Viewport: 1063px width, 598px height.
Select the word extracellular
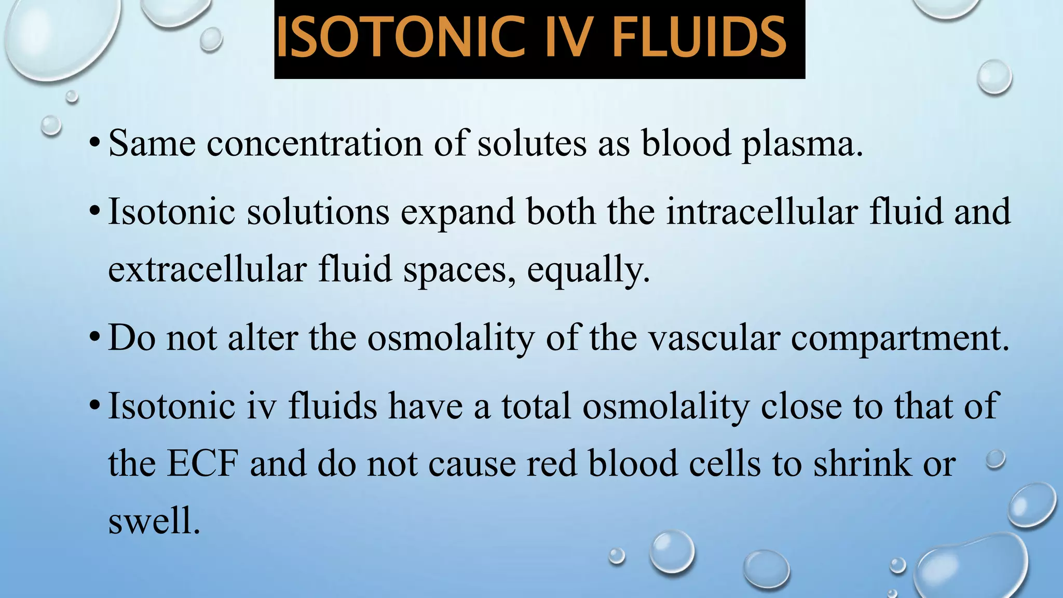pos(207,270)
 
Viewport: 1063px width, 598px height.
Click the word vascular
pos(714,338)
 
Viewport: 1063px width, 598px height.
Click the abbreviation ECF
pos(202,463)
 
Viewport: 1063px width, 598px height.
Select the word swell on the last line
pos(154,521)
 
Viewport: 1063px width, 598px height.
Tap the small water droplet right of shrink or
pos(996,459)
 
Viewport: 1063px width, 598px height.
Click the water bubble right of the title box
pos(994,77)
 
